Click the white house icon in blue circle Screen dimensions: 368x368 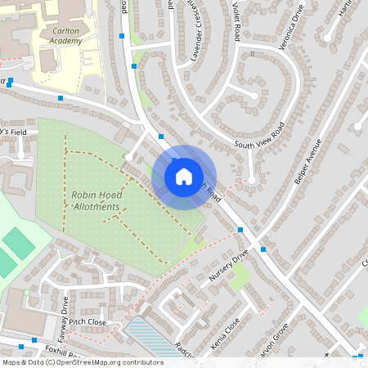[x=184, y=176]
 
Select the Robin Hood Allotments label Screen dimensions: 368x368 [x=96, y=200]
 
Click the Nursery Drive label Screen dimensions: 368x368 [x=228, y=267]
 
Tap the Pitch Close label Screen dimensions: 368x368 [x=88, y=322]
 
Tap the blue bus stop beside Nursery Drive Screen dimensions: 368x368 [x=240, y=231]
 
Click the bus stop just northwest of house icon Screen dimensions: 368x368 [x=161, y=136]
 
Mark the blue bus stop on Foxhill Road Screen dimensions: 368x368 [x=34, y=339]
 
